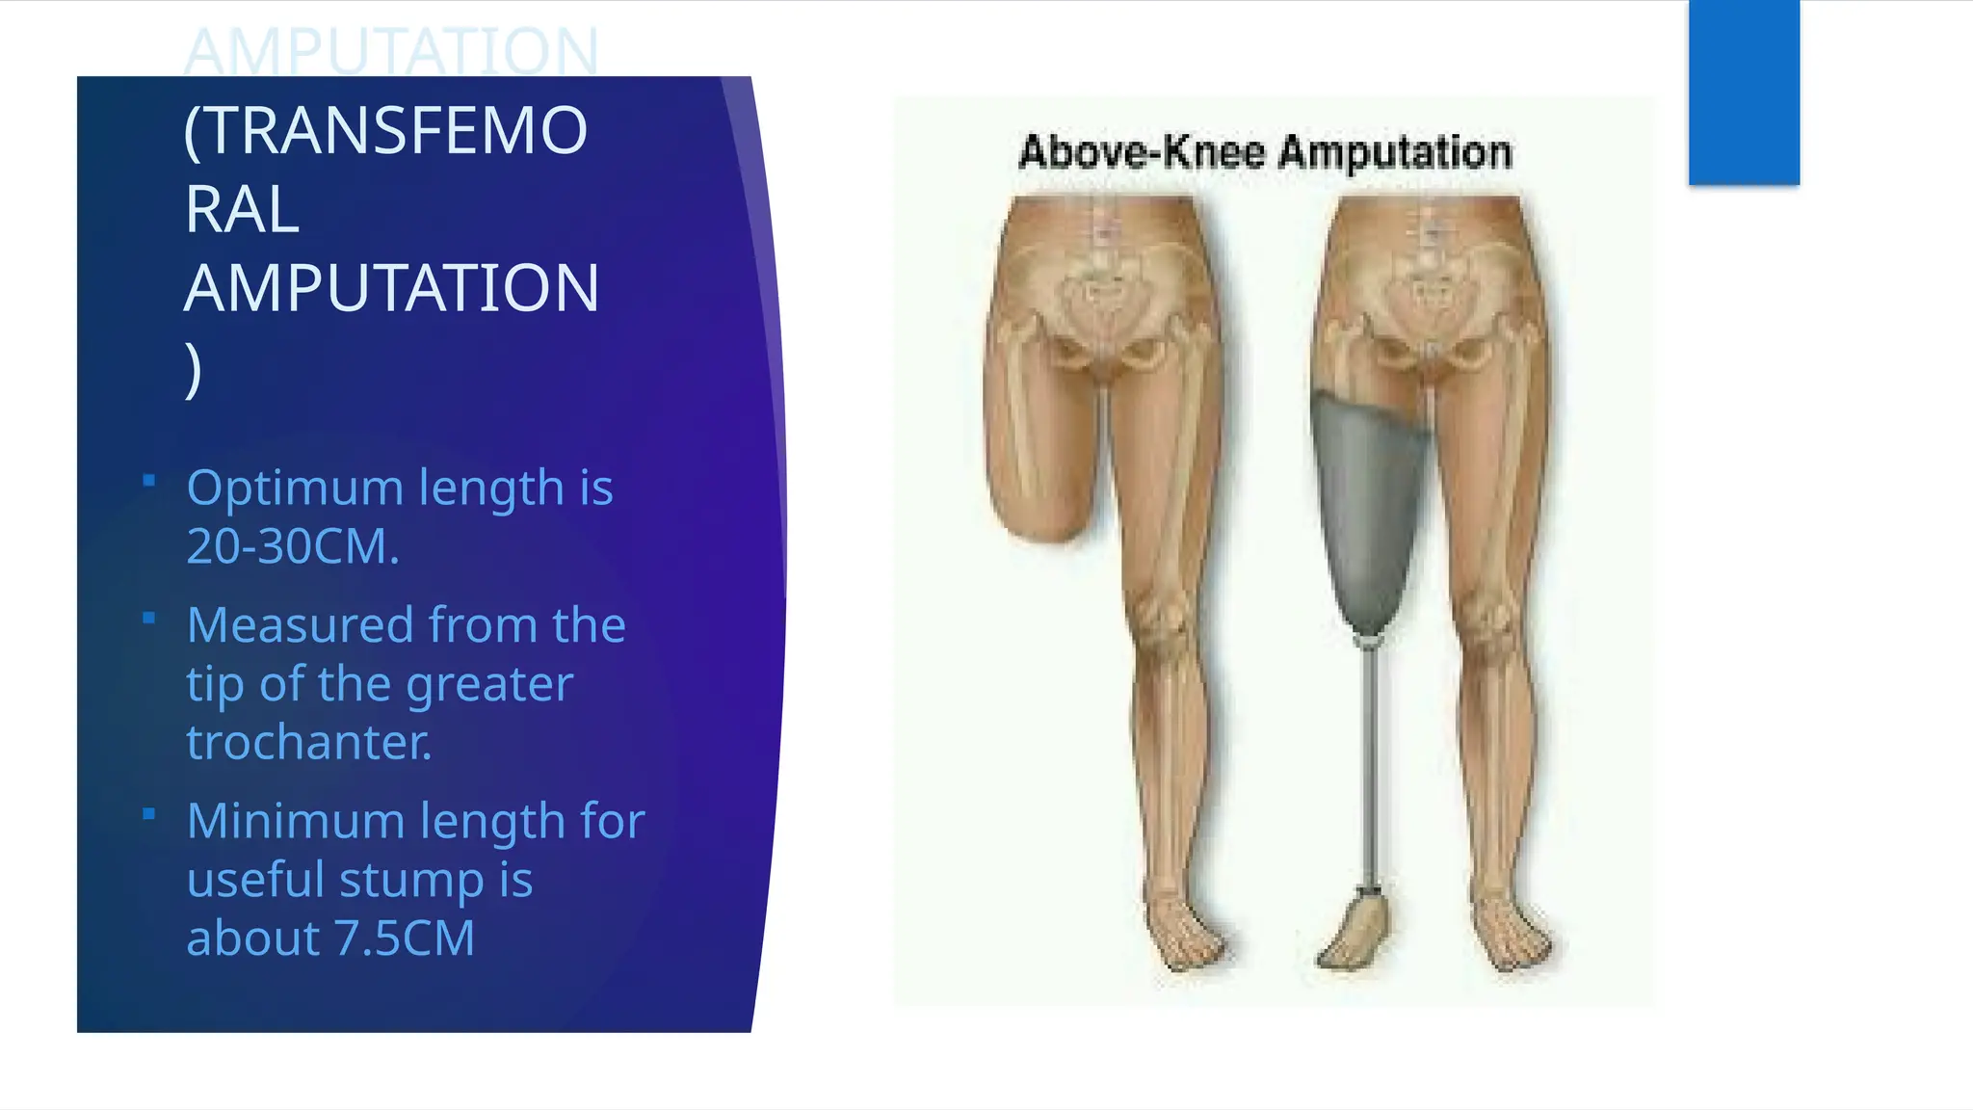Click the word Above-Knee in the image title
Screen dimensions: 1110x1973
coord(1141,153)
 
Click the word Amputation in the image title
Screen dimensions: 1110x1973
coord(1396,153)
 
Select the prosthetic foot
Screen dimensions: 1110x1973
coord(1354,931)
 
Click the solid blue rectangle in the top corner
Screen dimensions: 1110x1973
coord(1744,92)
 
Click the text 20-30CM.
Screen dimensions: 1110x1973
coord(292,546)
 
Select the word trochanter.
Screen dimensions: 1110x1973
coord(308,743)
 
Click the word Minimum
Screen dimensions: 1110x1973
coord(295,821)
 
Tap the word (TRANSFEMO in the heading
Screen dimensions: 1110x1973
coord(385,131)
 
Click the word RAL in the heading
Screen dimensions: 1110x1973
coord(242,210)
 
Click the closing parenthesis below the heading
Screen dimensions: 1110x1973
coord(194,369)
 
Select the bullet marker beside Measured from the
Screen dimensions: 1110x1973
coord(148,619)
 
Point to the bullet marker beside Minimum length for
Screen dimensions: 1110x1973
coord(148,814)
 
